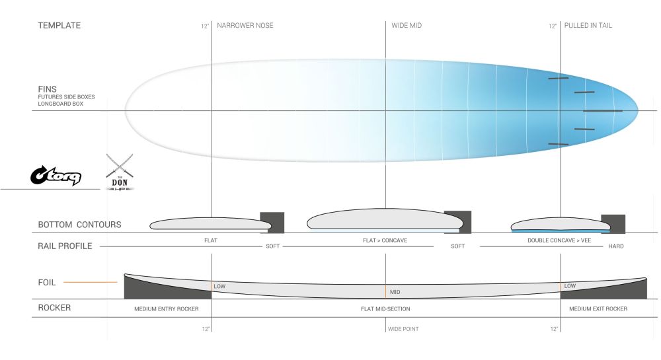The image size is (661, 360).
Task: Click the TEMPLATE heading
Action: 59,25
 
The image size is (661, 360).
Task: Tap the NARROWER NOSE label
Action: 245,25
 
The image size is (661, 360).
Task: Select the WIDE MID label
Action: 407,25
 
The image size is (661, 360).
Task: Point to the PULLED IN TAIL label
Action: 588,25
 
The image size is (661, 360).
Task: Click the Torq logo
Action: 56,176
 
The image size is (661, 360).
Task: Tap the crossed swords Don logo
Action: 120,172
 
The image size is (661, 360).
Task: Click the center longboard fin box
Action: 603,111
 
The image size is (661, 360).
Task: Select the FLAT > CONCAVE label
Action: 385,240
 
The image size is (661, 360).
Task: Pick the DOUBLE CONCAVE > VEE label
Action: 559,240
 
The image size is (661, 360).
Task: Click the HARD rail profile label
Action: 616,246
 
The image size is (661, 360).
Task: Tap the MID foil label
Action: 395,292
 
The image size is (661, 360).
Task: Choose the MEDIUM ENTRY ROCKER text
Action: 167,309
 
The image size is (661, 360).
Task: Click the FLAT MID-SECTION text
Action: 385,309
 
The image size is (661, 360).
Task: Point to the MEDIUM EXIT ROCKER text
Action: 598,309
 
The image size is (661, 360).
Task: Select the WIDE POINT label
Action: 403,329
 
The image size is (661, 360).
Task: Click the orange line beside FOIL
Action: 90,282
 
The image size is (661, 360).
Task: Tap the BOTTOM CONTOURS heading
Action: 80,225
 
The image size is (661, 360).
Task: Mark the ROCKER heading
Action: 54,308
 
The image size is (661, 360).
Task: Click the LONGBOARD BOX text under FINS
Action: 61,104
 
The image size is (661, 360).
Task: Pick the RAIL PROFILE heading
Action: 65,246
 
